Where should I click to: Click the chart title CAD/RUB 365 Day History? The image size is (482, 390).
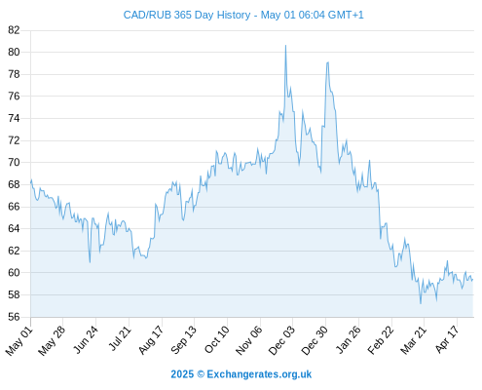pos(187,15)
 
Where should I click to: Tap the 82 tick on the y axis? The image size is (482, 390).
pos(14,30)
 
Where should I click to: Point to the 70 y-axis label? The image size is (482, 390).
pos(14,162)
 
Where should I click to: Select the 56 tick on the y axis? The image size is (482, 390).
pos(14,317)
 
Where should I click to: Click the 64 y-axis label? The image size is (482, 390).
pos(14,228)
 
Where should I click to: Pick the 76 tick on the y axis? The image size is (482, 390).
pos(14,97)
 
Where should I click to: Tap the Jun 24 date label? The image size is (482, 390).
pos(86,339)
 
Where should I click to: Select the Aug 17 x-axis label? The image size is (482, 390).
pos(151,339)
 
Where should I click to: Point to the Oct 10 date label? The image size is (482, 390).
pos(217,339)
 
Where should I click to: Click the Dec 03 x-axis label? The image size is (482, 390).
pos(281,340)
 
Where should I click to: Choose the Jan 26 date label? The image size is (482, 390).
pos(348,339)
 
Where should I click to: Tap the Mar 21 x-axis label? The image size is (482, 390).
pos(413,339)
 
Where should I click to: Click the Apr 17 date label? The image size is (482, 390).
pos(447,339)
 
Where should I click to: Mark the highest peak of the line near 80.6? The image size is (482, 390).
pos(285,46)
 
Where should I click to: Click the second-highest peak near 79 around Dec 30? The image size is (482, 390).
pos(328,62)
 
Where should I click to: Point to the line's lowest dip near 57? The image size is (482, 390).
pos(421,303)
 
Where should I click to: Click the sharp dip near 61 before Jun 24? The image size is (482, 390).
pos(90,262)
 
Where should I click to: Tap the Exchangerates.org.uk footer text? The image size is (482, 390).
pos(259,374)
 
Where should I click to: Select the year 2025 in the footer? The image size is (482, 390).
pos(182,374)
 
